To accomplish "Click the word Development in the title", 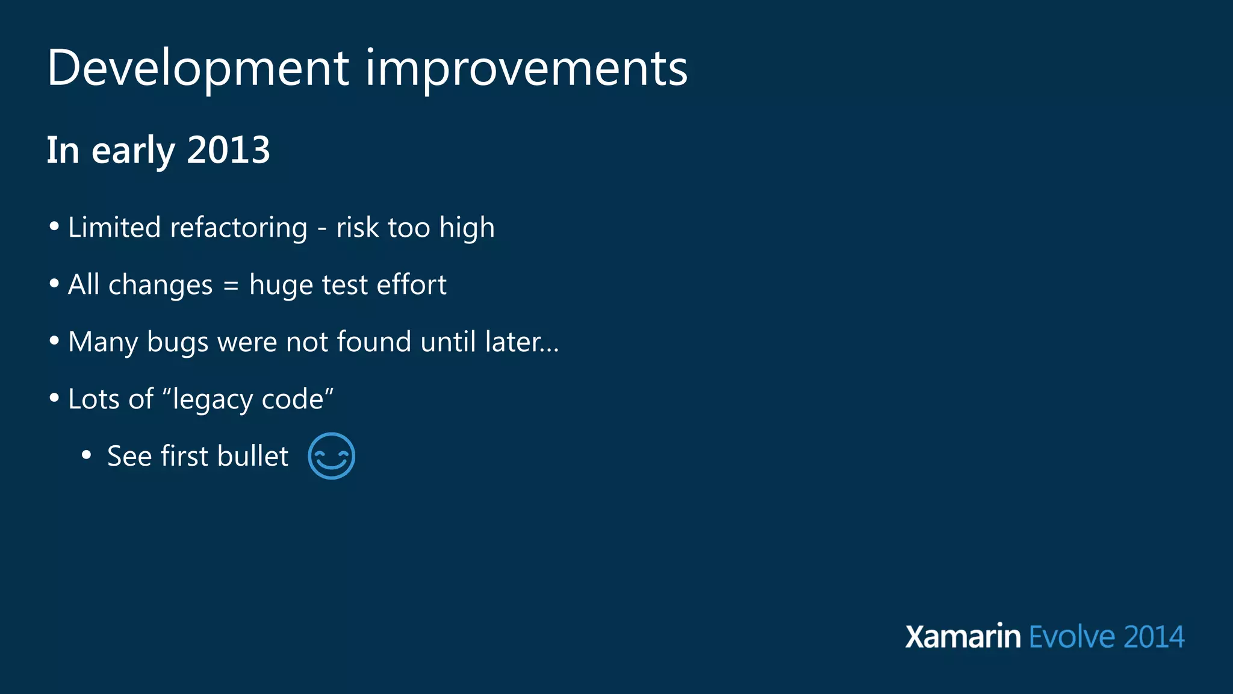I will coord(197,68).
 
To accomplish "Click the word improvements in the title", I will coord(526,68).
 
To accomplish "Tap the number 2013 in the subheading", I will coord(228,150).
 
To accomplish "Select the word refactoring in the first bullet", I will coord(238,228).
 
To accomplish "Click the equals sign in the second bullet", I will coord(231,286).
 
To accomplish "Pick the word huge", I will coord(281,285).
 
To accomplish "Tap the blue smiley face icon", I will coord(331,456).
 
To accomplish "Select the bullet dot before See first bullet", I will coord(86,456).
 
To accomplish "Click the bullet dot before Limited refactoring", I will coord(55,227).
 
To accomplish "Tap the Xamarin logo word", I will coord(963,637).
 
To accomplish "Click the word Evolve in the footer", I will coord(1072,637).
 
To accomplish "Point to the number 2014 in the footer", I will coord(1154,637).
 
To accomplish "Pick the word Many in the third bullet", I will coord(103,342).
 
